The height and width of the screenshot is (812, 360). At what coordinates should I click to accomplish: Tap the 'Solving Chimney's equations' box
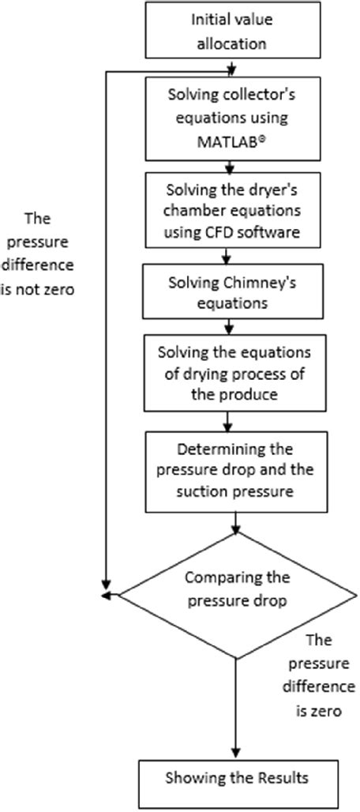[229, 291]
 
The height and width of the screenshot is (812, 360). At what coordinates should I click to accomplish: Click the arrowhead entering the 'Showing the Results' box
[236, 754]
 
